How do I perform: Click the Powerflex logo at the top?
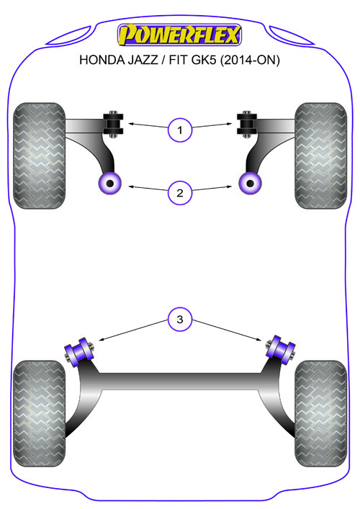179,35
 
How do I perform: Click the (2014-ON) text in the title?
250,60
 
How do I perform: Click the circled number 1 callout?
180,130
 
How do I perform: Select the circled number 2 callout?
180,193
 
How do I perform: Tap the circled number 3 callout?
180,320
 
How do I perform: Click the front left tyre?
40,156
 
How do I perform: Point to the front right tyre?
320,156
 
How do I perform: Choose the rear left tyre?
40,413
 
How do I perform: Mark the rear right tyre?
320,413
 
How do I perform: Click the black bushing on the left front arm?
113,125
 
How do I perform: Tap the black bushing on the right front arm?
247,125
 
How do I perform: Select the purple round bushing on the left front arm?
109,184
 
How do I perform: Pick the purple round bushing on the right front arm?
251,184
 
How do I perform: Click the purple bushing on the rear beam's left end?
79,352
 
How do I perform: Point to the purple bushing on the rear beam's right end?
281,350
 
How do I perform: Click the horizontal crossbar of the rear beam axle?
180,381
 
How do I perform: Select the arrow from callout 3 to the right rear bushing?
227,330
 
